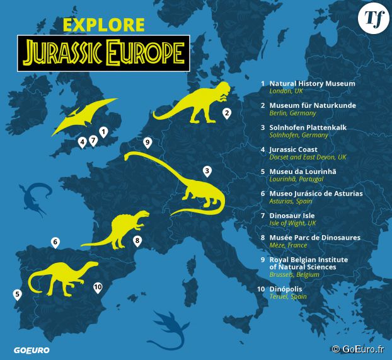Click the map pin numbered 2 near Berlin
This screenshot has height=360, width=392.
tap(226, 113)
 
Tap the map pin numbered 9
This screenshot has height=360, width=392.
tap(147, 142)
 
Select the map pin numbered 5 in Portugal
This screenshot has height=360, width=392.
tap(17, 294)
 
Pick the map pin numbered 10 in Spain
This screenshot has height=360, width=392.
tap(97, 287)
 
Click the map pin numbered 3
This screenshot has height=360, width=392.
tap(207, 171)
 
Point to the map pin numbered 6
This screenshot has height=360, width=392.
tap(55, 242)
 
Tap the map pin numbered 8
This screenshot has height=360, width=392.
tap(137, 241)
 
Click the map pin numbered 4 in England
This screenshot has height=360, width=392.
tap(82, 142)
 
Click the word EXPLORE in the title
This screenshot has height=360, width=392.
tap(104, 25)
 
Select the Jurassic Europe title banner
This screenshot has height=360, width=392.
tap(103, 52)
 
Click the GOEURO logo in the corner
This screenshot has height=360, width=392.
tap(32, 350)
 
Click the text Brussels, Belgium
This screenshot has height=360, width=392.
tap(294, 275)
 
